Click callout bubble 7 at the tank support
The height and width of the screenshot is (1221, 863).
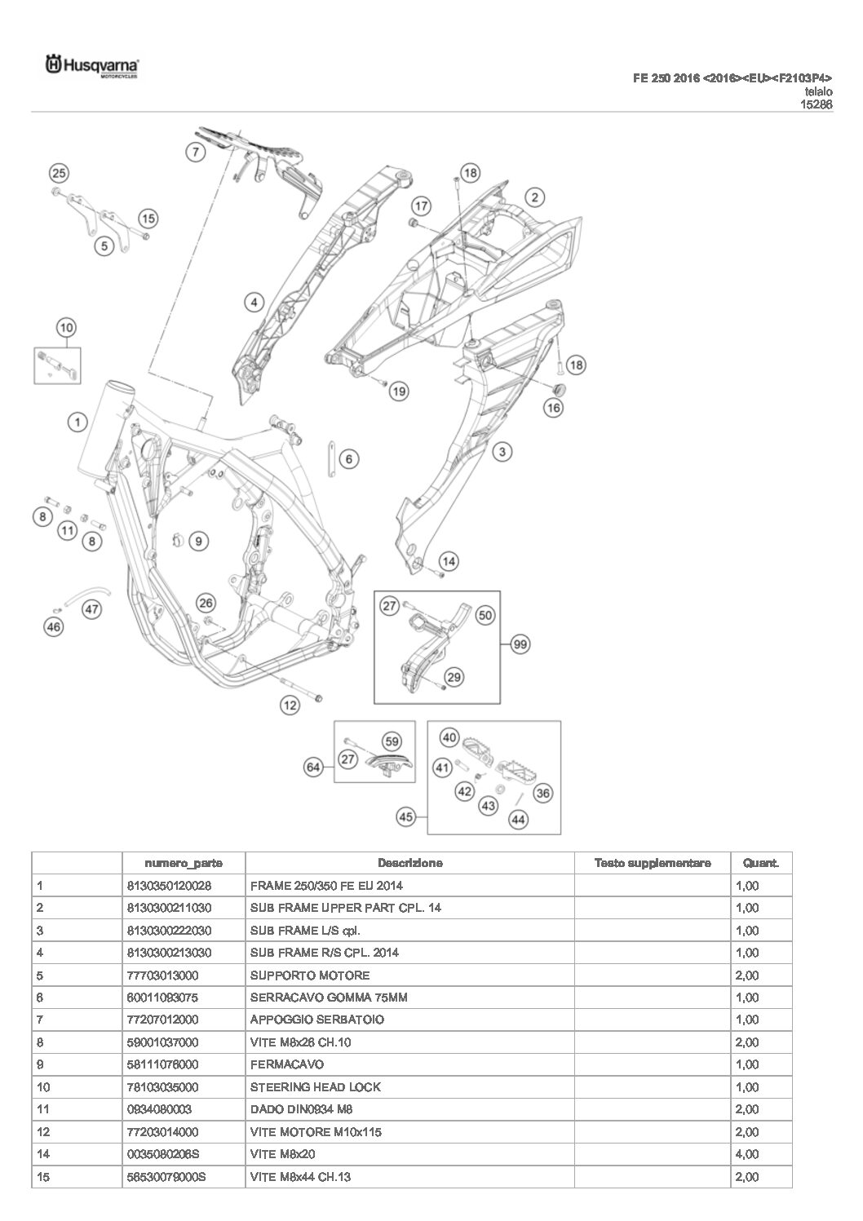click(x=194, y=151)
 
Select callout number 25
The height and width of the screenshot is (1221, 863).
click(x=59, y=173)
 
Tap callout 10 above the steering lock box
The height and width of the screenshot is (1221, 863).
click(x=66, y=328)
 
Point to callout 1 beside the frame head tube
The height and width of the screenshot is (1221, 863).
click(x=77, y=422)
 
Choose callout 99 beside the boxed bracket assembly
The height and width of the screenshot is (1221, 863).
click(x=520, y=644)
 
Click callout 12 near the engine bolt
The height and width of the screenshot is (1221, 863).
click(x=290, y=706)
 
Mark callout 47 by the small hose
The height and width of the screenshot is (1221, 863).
click(x=92, y=608)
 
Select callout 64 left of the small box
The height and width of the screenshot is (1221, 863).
click(x=313, y=767)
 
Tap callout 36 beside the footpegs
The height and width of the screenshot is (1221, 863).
click(x=542, y=793)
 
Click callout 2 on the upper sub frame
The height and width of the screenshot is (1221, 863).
click(x=534, y=197)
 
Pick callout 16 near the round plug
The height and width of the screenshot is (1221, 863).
click(x=554, y=406)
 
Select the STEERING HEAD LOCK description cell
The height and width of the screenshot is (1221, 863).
click(x=315, y=1086)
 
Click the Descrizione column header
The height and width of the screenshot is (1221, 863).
click(x=409, y=863)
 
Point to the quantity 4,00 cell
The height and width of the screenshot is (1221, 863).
click(x=747, y=1154)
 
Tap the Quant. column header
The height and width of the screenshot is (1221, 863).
click(x=760, y=863)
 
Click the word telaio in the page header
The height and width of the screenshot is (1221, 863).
click(x=818, y=92)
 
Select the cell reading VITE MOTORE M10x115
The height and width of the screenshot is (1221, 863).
click(x=316, y=1131)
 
